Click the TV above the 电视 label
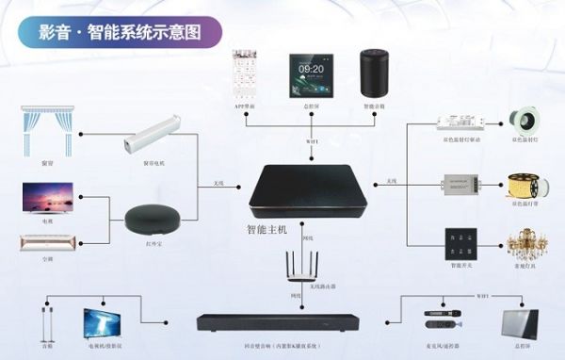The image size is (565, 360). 48,198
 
